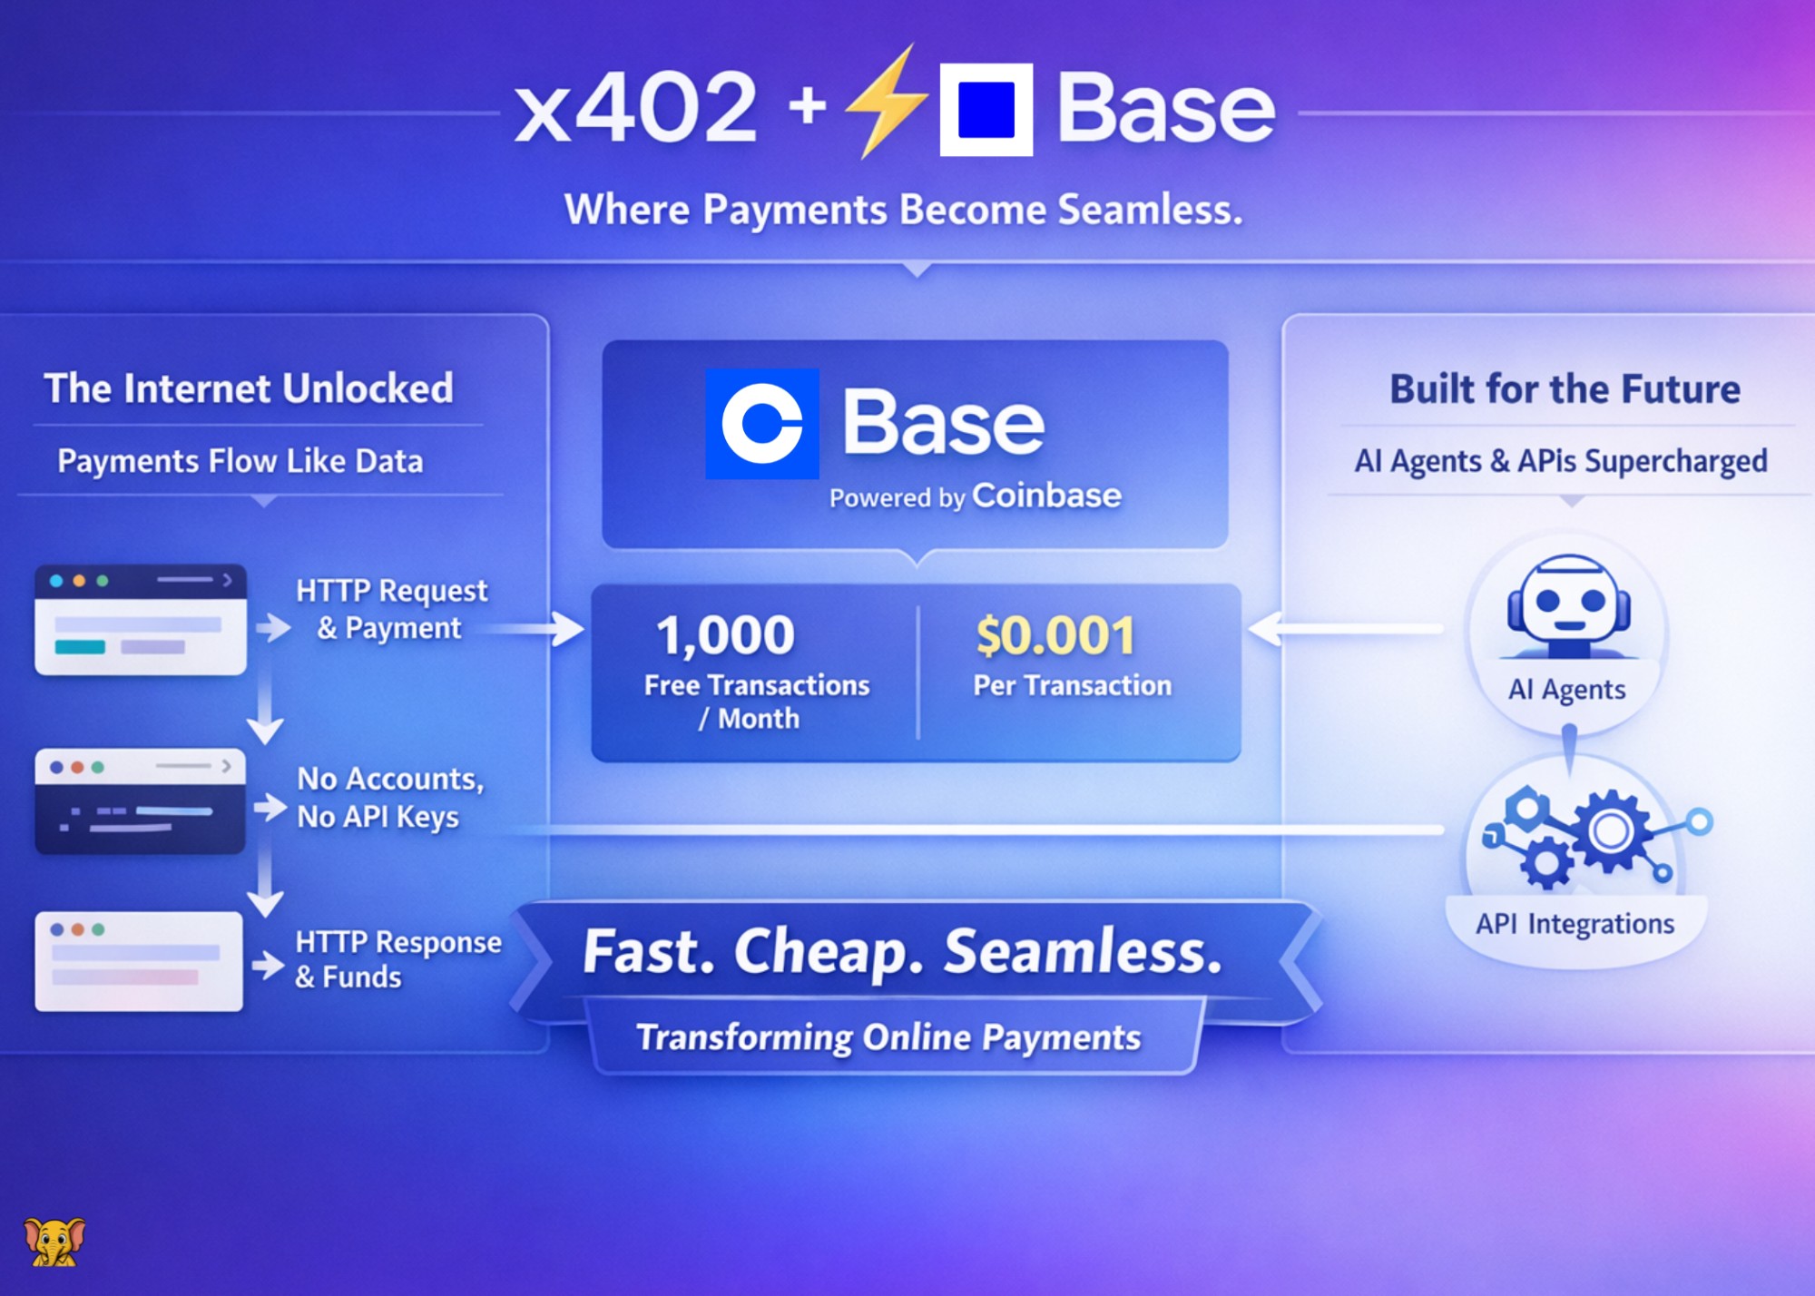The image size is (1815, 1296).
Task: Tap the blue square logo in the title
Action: pyautogui.click(x=986, y=110)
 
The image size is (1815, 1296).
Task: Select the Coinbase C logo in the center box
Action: pyautogui.click(x=762, y=424)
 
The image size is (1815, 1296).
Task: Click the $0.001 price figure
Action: pyautogui.click(x=1055, y=635)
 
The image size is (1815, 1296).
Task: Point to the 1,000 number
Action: pyautogui.click(x=725, y=635)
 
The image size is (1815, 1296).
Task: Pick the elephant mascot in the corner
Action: pyautogui.click(x=54, y=1242)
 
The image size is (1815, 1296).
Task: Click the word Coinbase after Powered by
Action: pyautogui.click(x=1046, y=496)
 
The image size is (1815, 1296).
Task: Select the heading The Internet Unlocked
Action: pyautogui.click(x=249, y=388)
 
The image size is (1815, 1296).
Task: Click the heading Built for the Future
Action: pyautogui.click(x=1565, y=388)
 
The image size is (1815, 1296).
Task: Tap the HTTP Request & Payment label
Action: pyautogui.click(x=391, y=609)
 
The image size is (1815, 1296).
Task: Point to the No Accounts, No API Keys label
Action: pyautogui.click(x=390, y=798)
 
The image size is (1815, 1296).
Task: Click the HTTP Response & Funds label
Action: pyautogui.click(x=397, y=959)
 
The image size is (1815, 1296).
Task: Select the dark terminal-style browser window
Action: pyautogui.click(x=140, y=801)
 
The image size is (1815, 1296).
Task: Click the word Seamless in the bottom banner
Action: pyautogui.click(x=1083, y=952)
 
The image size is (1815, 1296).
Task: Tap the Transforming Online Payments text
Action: pyautogui.click(x=888, y=1037)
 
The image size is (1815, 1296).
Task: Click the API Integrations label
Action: pyautogui.click(x=1575, y=924)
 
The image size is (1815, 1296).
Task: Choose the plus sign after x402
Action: pyautogui.click(x=808, y=107)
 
